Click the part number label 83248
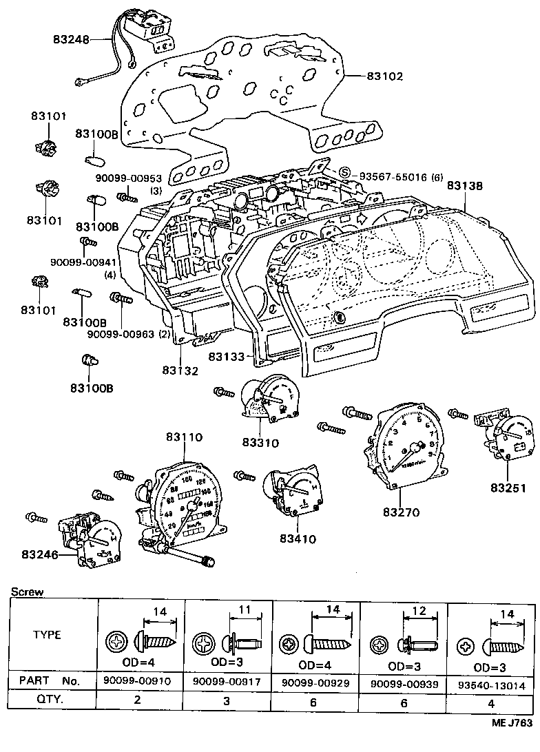point(70,41)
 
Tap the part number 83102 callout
point(384,77)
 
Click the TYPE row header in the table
point(47,634)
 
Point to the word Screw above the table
point(27,592)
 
